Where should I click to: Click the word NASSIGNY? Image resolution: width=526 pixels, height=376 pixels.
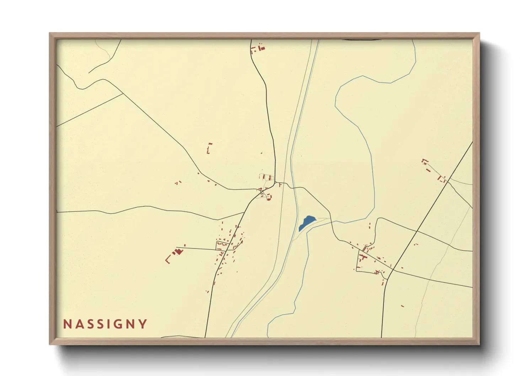pyautogui.click(x=105, y=324)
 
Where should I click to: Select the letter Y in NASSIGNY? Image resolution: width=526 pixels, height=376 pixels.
pyautogui.click(x=143, y=324)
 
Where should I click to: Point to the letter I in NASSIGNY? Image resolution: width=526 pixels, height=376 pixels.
pyautogui.click(x=109, y=324)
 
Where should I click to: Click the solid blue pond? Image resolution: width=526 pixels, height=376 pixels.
pyautogui.click(x=306, y=222)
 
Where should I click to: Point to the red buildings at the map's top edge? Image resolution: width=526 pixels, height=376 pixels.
pyautogui.click(x=258, y=48)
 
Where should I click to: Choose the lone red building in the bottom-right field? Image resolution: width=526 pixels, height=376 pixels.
pyautogui.click(x=402, y=306)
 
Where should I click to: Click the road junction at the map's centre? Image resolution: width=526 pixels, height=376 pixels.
pyautogui.click(x=275, y=183)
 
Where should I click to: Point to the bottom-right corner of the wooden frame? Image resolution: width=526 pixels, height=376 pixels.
pyautogui.click(x=479, y=344)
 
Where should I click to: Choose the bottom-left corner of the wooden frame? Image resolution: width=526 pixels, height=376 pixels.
pyautogui.click(x=50, y=344)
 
